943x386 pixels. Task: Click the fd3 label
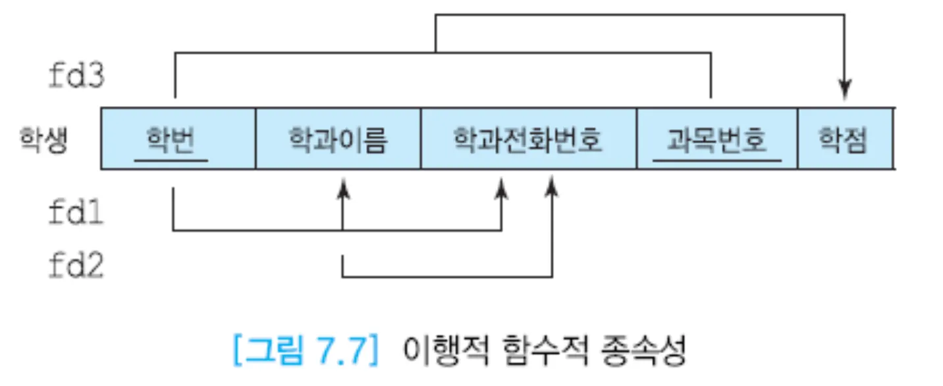click(x=76, y=77)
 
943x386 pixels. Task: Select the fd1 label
click(x=76, y=213)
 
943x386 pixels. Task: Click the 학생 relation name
click(x=43, y=141)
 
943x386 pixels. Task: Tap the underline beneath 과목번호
click(x=716, y=160)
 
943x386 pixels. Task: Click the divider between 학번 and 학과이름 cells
click(x=256, y=138)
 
